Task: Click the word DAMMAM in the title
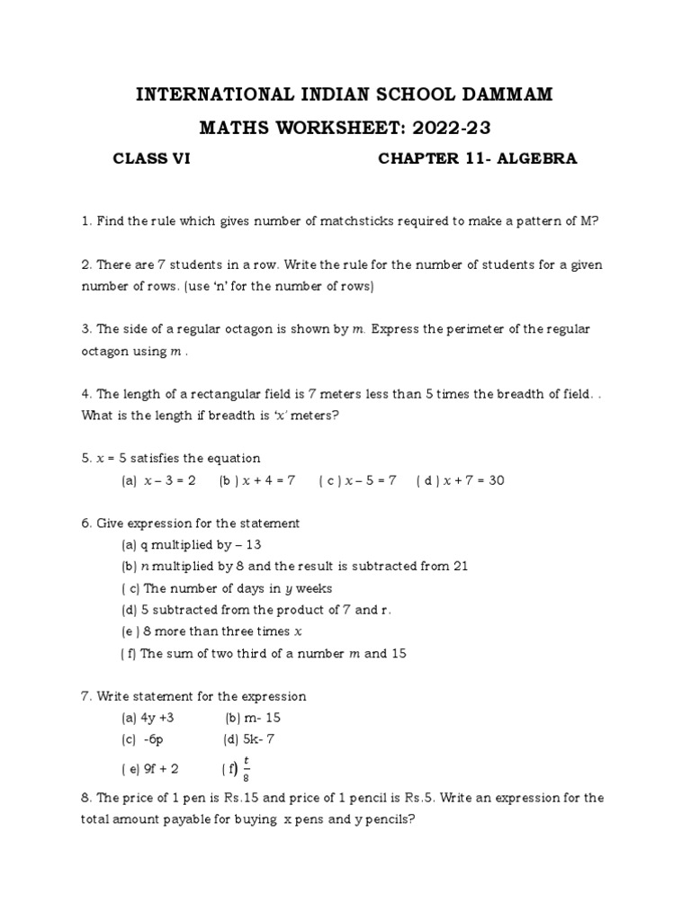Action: (x=508, y=95)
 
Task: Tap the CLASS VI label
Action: (x=151, y=159)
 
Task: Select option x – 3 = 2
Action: (x=170, y=480)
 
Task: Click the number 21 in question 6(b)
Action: (x=459, y=567)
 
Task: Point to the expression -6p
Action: (x=153, y=739)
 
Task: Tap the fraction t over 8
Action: (x=246, y=768)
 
